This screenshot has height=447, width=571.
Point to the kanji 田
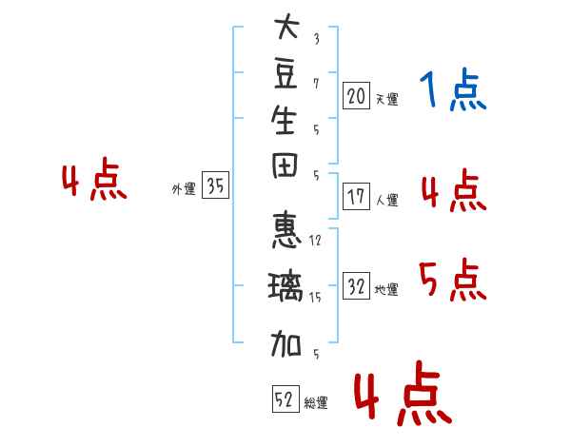285,170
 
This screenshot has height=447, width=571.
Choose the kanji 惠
285,230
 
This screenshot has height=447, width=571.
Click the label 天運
387,98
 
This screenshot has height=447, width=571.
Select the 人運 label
387,200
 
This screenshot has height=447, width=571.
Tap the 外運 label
184,189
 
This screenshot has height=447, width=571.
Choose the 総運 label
316,402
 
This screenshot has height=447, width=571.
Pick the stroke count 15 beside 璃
316,298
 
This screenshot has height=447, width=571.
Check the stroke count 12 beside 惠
316,241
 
